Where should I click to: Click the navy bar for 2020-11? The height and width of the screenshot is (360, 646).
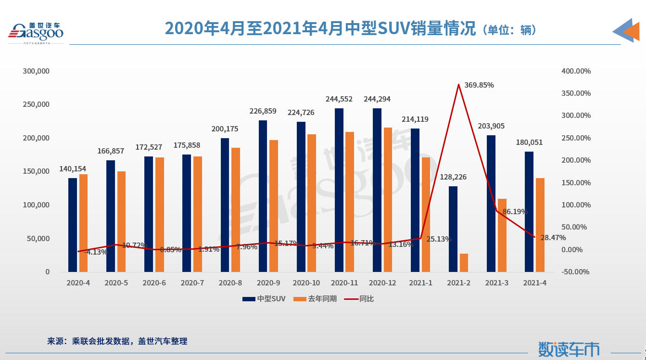[x=339, y=190]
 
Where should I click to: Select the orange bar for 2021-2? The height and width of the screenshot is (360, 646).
[x=464, y=263]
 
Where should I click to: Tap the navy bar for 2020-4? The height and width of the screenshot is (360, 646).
[x=73, y=225]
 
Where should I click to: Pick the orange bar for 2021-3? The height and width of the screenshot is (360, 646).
[x=502, y=235]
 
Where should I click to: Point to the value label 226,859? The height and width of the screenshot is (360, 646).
[x=263, y=111]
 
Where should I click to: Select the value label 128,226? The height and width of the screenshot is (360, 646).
[x=453, y=177]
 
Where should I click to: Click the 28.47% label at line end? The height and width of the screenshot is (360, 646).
[x=553, y=238]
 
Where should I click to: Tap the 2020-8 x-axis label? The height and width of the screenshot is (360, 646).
[x=230, y=283]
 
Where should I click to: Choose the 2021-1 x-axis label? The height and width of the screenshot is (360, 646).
[x=420, y=283]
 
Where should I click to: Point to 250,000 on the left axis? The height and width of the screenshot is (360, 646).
[x=36, y=104]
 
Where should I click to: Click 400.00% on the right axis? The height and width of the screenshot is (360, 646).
[x=576, y=71]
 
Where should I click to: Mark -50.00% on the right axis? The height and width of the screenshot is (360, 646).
[x=576, y=272]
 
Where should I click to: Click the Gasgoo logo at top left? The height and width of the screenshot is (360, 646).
[x=35, y=32]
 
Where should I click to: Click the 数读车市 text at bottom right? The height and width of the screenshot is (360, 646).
[x=569, y=349]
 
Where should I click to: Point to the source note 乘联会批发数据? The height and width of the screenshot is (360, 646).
[x=101, y=341]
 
